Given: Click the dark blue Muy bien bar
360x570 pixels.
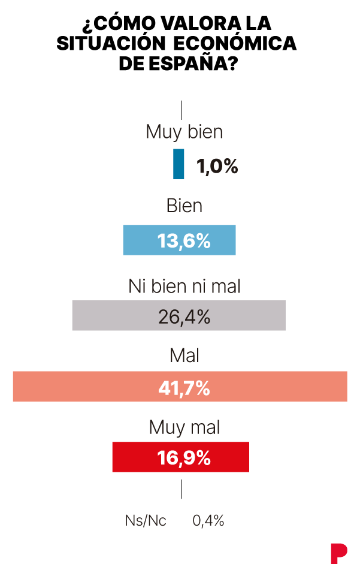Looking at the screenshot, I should tap(179, 164).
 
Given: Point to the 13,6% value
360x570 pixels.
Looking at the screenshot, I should tap(184, 241).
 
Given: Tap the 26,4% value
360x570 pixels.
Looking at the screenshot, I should tap(184, 316).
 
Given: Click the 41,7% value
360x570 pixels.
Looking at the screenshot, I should tap(184, 388).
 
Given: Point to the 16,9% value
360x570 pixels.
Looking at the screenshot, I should tap(184, 458).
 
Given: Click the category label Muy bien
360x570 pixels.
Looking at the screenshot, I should tap(184, 131).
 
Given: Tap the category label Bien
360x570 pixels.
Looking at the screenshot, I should tap(184, 206).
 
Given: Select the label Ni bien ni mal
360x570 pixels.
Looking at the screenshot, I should tap(184, 286).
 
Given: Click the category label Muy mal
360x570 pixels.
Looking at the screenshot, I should tap(184, 427).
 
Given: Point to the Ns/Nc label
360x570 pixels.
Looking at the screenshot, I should tap(146, 521).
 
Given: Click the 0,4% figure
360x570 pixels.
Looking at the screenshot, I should tap(208, 521).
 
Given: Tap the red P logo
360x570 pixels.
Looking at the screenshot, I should tap(338, 552).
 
